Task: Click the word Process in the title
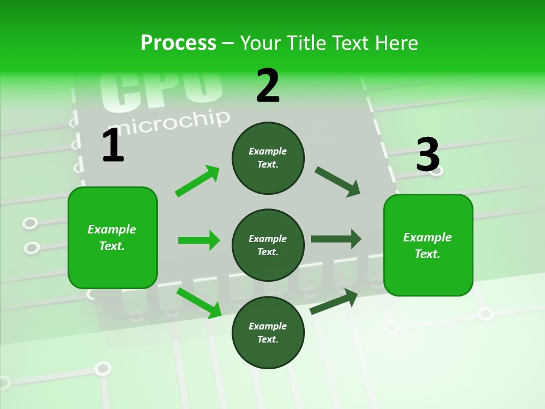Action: tap(178, 43)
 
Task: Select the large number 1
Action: tap(113, 146)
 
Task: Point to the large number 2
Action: tap(268, 86)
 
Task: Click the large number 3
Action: tap(428, 155)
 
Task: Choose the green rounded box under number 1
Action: tap(112, 237)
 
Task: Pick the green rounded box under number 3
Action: tap(428, 245)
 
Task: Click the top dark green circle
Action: tap(268, 158)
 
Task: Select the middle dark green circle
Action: tap(268, 245)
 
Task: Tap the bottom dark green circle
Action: tap(268, 332)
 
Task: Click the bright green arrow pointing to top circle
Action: tap(198, 181)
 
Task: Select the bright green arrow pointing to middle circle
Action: tap(199, 240)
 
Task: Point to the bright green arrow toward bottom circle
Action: tap(199, 303)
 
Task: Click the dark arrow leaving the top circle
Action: tap(337, 182)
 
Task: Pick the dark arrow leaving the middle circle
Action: tap(336, 239)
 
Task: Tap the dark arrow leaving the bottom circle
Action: tap(334, 301)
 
